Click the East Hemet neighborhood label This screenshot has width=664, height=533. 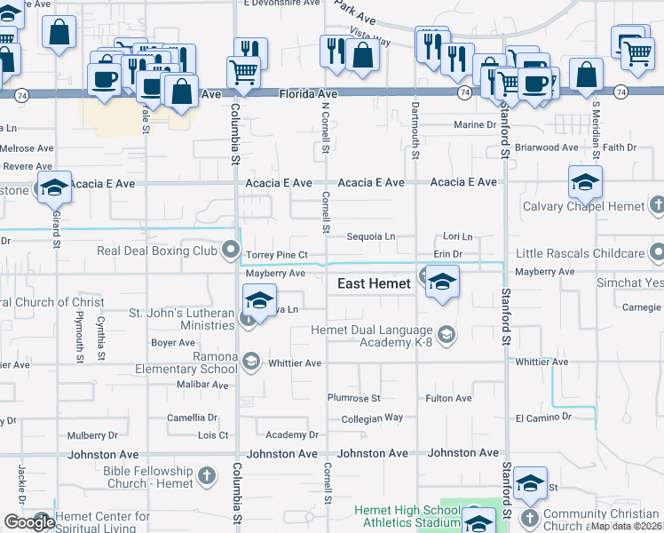374,282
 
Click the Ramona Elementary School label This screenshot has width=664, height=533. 186,363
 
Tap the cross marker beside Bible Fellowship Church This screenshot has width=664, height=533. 208,477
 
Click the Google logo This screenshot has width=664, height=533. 29,522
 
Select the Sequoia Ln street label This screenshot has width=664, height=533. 370,237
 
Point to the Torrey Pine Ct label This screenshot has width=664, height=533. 276,255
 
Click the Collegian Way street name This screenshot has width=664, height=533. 372,418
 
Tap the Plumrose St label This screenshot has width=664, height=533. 353,399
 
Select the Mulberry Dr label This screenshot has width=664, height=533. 92,435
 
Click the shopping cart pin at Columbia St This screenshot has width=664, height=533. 243,73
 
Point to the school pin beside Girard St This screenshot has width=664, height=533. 54,188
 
